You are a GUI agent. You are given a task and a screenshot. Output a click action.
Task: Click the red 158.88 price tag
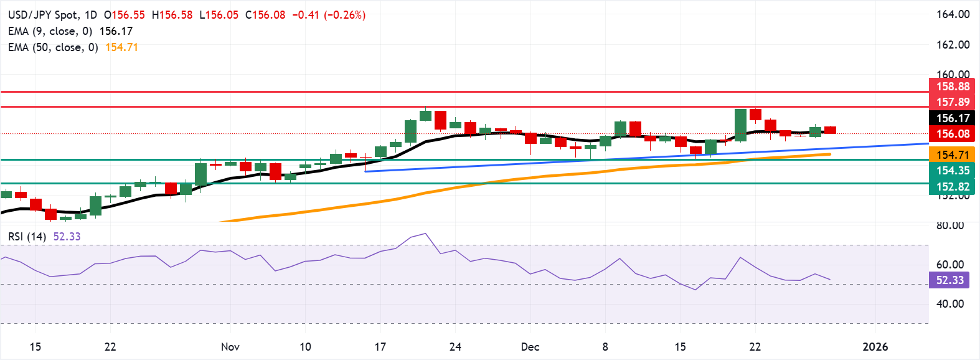pos(953,87)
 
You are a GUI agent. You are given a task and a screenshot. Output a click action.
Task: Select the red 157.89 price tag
pos(953,102)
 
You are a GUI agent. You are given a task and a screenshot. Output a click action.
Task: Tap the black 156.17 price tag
pos(953,118)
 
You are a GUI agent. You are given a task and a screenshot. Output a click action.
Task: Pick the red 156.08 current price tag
pos(953,134)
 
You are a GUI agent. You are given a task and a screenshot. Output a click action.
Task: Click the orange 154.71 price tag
pos(953,155)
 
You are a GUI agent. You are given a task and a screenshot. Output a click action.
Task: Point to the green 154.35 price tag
pos(953,171)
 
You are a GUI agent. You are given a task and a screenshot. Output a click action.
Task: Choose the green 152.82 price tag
pos(953,187)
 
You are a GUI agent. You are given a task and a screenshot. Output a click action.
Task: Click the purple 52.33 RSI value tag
pos(949,280)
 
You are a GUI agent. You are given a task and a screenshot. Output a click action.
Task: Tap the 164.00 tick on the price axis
pos(953,14)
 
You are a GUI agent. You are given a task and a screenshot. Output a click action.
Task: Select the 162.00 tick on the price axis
pos(953,45)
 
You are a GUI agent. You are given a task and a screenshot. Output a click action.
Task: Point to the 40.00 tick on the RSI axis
pos(950,304)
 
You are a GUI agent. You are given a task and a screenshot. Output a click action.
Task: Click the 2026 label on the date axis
pos(875,347)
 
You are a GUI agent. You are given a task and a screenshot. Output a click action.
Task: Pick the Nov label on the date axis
pos(230,347)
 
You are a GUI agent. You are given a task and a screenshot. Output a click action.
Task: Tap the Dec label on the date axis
pos(530,347)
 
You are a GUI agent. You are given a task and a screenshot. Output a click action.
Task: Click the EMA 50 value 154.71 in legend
pos(121,47)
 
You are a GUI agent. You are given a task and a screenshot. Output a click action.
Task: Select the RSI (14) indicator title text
pos(27,237)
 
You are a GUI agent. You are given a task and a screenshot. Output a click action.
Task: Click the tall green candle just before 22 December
pos(740,125)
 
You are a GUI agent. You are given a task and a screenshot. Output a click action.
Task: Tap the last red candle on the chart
pos(830,130)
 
